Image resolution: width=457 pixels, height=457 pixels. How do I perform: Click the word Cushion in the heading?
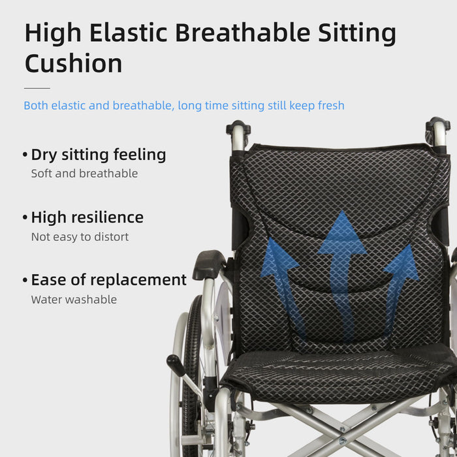[x=73, y=63]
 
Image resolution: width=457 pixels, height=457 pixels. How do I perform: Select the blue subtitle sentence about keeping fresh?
[x=183, y=106]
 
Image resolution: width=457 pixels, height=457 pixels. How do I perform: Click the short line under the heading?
[x=37, y=87]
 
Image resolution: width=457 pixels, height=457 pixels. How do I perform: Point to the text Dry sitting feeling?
[x=99, y=155]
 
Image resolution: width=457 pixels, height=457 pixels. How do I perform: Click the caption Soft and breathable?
[x=84, y=174]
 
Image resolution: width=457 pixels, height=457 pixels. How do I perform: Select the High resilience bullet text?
[x=87, y=217]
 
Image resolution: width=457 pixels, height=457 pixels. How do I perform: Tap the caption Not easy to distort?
[x=80, y=237]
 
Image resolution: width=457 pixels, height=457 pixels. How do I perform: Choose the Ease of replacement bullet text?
[x=108, y=280]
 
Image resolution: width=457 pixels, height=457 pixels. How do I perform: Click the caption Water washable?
[x=74, y=300]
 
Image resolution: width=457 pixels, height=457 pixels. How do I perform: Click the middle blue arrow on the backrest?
[x=341, y=261]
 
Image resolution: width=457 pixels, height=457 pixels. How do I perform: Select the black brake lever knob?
[x=175, y=364]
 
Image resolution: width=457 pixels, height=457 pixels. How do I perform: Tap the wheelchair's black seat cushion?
[x=339, y=375]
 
